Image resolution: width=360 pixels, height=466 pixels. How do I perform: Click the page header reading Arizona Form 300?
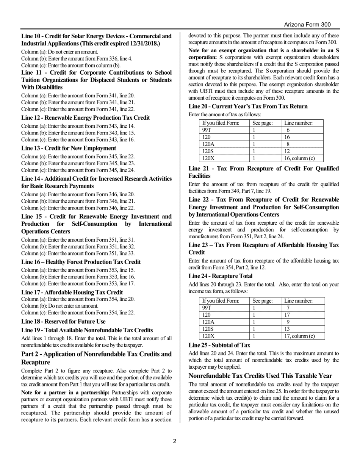307,25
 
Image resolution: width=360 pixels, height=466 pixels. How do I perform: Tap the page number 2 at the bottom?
175,441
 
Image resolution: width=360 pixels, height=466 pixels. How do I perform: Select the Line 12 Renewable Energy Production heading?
85,118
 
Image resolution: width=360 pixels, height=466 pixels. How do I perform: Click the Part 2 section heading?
96,358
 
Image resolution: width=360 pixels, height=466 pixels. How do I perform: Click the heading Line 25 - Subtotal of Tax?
219,345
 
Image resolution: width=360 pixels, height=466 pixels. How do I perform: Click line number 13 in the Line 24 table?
287,329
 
